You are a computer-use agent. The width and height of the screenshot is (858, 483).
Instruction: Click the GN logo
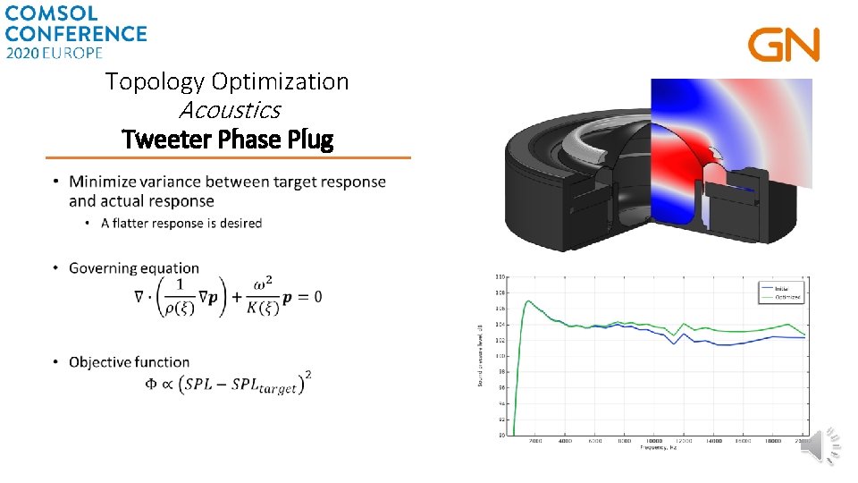783,46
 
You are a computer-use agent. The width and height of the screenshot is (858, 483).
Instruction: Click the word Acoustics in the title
230,110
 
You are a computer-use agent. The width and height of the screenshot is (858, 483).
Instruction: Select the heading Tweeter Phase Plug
227,140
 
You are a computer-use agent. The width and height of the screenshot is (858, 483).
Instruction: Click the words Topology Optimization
227,81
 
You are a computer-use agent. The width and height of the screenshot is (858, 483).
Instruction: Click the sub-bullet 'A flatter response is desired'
181,223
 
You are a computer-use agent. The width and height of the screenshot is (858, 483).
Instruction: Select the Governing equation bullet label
134,268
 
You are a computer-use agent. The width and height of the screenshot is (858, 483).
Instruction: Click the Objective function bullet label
130,362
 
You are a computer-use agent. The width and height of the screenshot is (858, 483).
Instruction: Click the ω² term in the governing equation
263,284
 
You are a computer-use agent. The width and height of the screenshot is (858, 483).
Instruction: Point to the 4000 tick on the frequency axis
566,441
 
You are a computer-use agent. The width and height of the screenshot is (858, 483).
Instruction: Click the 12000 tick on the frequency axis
684,441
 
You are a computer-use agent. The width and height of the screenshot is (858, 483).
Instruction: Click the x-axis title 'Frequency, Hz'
660,448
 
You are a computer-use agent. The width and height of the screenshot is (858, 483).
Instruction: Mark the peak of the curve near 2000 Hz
528,301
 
